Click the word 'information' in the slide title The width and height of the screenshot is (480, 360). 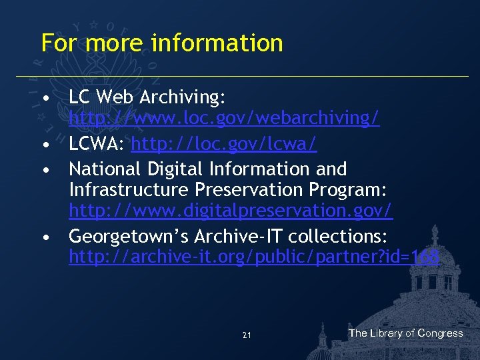217,43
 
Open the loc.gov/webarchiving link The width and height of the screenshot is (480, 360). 224,119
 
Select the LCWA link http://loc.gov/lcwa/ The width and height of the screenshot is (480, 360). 224,144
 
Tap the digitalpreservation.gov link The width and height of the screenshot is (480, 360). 231,211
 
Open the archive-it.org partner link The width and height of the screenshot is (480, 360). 254,257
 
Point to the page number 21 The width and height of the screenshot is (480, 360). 247,335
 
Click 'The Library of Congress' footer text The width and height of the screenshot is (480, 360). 405,333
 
